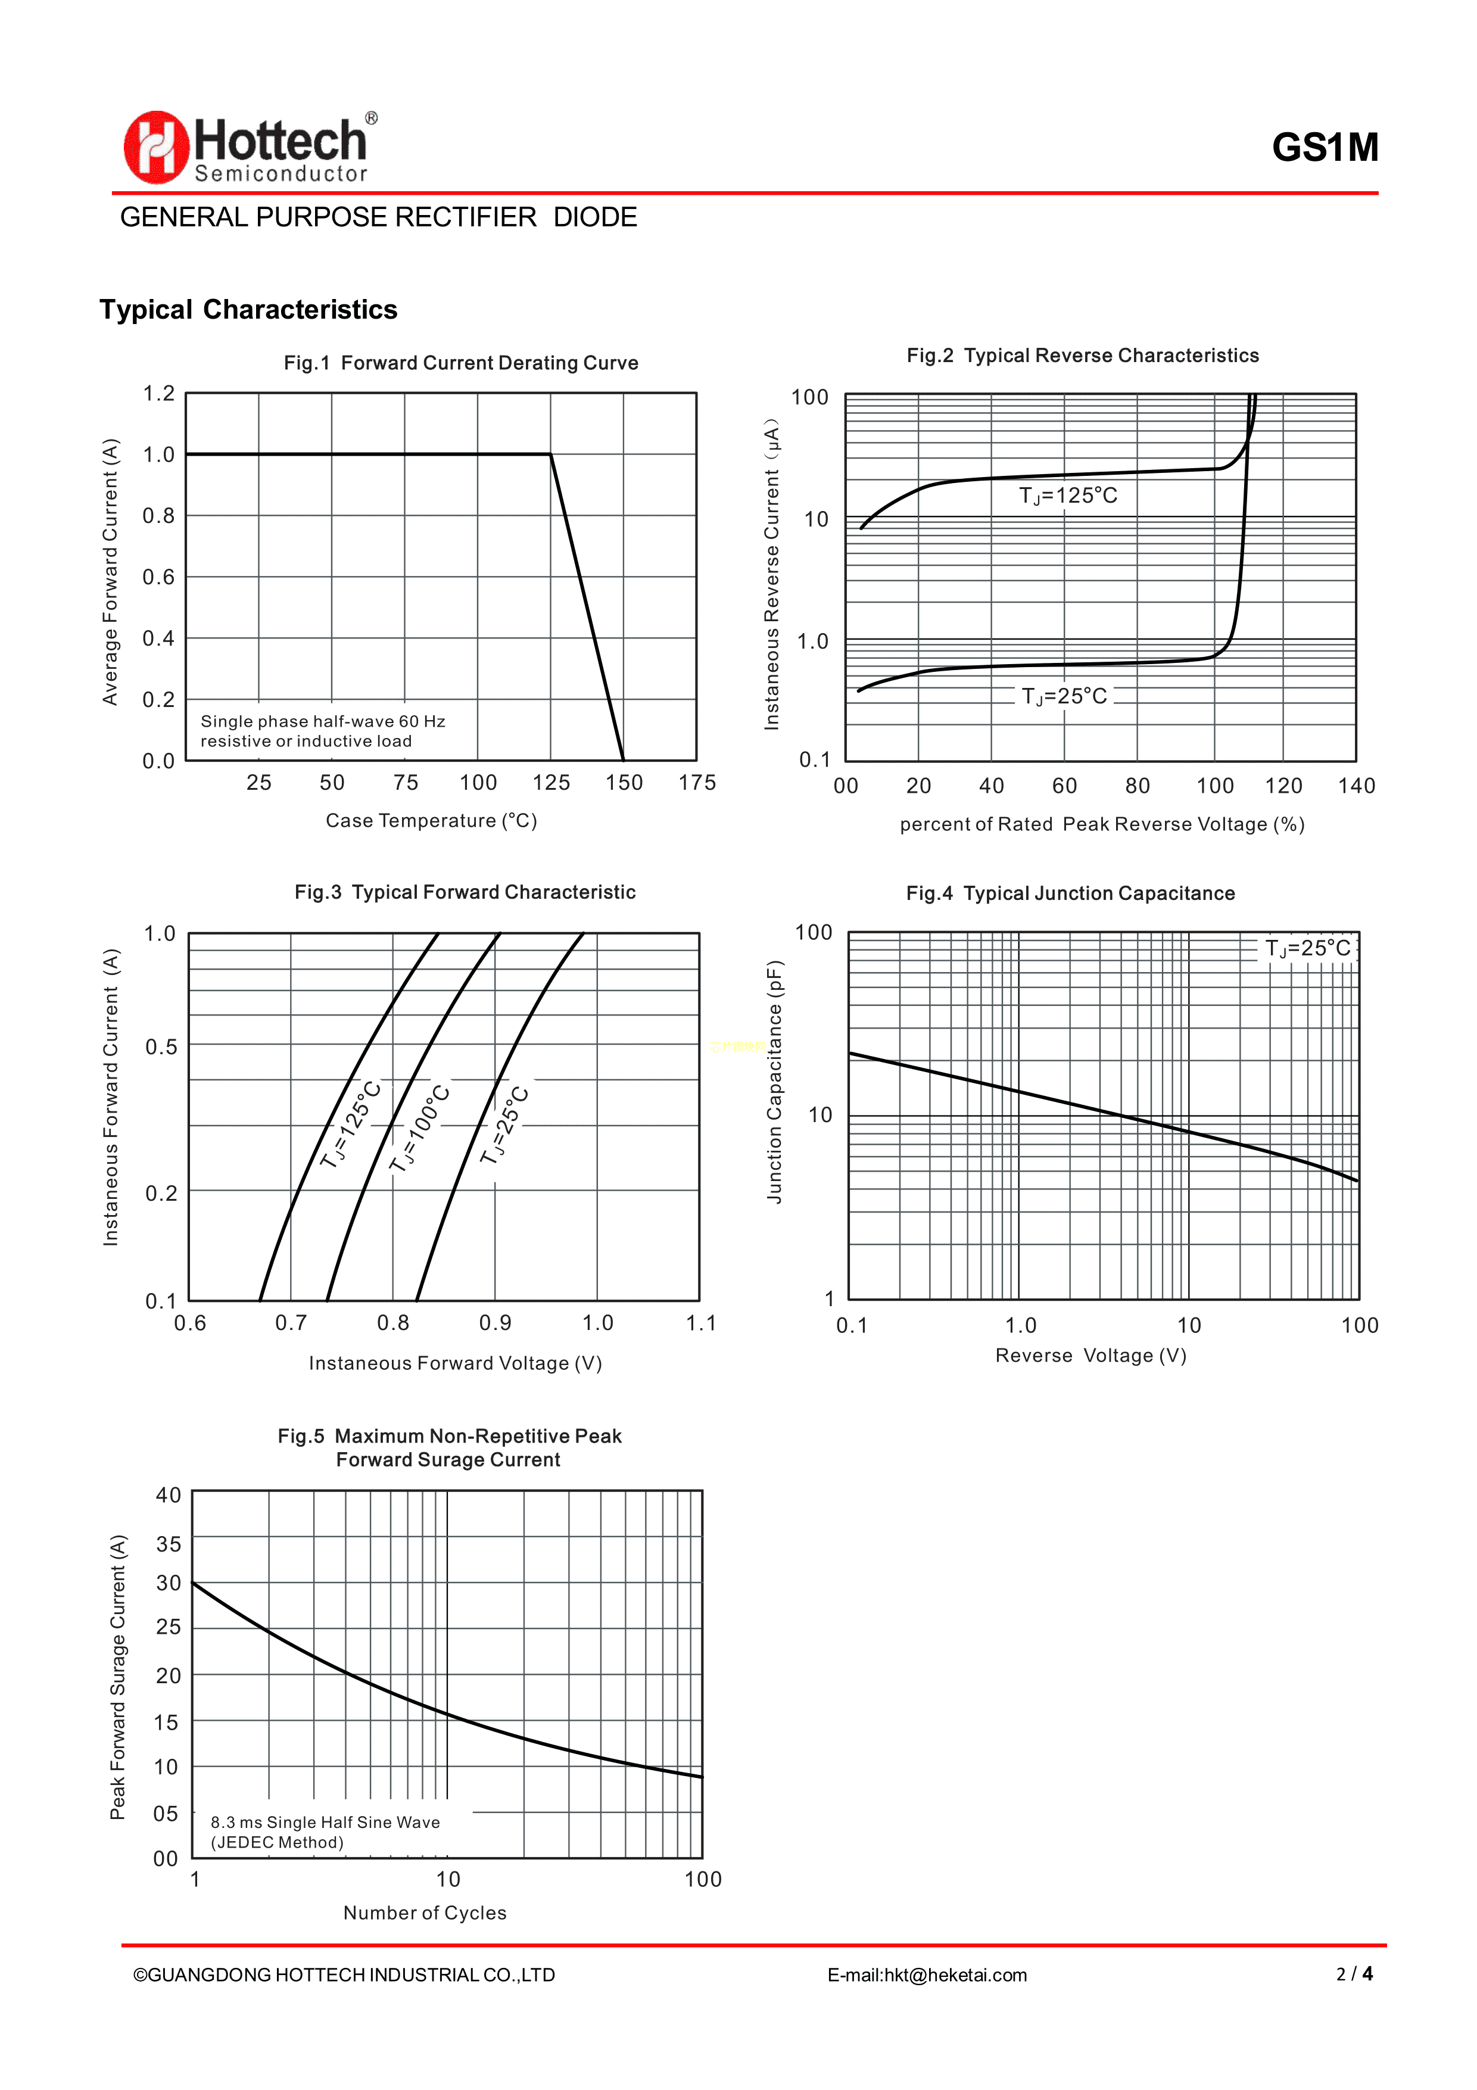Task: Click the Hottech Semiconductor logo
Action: [250, 148]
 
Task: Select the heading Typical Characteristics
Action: [248, 310]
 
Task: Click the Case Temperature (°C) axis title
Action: [431, 821]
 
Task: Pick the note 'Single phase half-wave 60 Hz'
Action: [323, 721]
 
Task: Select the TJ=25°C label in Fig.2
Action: [1064, 696]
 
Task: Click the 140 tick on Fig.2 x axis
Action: [1356, 786]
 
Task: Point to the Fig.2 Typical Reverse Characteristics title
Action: [1082, 356]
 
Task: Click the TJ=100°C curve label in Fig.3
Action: [419, 1129]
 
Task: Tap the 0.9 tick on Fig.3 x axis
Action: [495, 1323]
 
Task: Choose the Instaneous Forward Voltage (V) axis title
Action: [455, 1363]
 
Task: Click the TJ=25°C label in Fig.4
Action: [1308, 948]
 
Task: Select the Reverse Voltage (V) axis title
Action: [1090, 1356]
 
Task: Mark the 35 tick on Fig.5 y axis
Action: [169, 1544]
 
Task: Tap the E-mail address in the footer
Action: [927, 1975]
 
